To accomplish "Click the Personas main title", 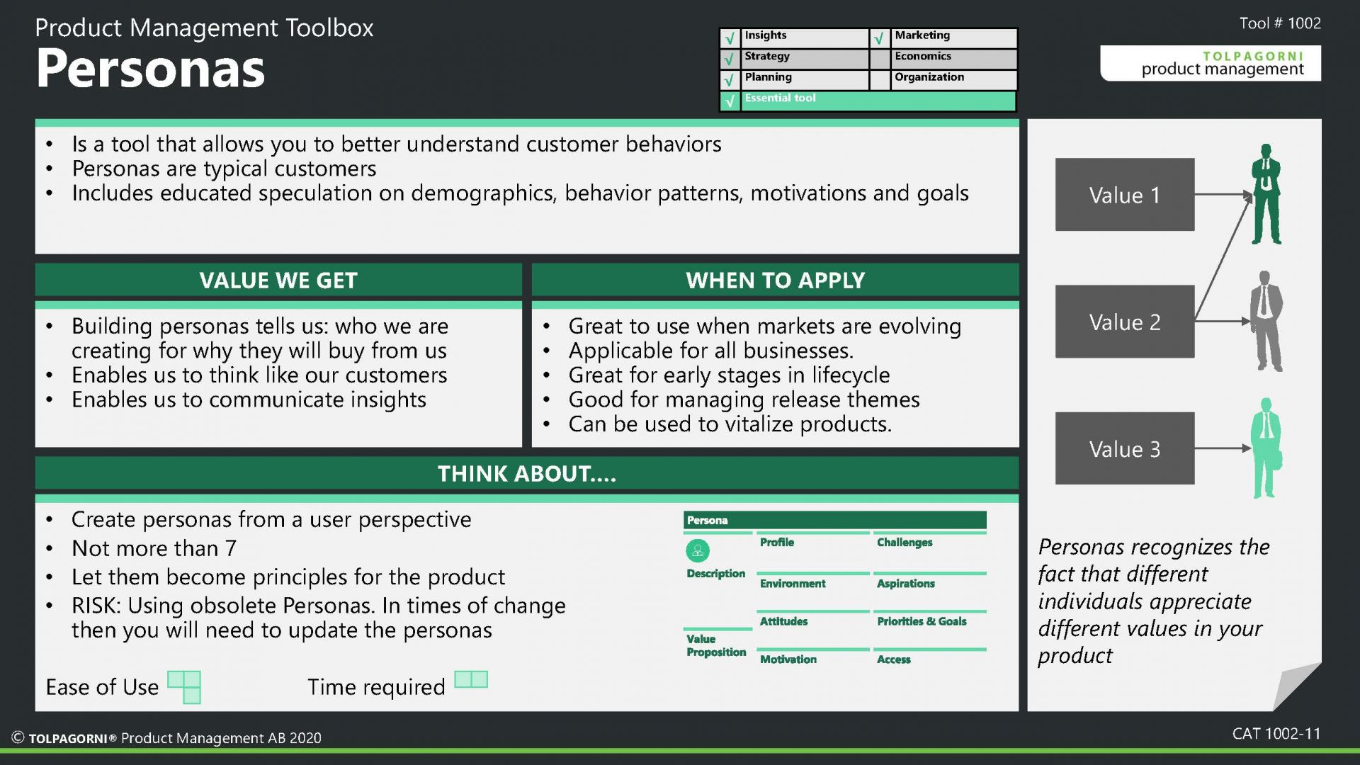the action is pos(150,69).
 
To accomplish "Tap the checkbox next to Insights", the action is pos(730,38).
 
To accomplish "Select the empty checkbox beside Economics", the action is pos(880,59).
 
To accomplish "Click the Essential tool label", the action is pos(780,98).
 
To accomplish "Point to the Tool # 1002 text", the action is pos(1280,23).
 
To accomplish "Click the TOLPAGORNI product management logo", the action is pos(1211,63).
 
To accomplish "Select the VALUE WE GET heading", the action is pos(278,280).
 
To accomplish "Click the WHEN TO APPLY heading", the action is pos(775,280).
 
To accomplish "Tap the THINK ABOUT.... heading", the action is pos(526,473).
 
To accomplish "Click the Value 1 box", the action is pos(1125,195).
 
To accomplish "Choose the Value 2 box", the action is pos(1125,322).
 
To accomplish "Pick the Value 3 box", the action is pos(1125,448).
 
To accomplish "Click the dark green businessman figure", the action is pos(1266,194).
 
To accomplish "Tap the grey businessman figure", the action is pos(1266,321).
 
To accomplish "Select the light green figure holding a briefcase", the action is pos(1266,448).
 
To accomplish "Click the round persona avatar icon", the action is pos(698,550).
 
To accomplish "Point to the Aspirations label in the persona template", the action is pos(905,584).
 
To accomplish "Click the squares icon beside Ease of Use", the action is pos(184,687).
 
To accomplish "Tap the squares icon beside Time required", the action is pos(471,679).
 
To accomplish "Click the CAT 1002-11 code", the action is pos(1276,734).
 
